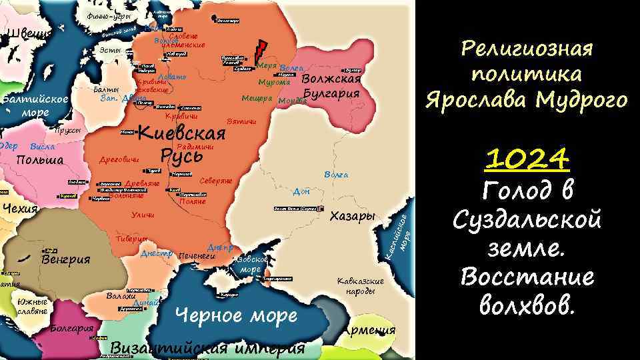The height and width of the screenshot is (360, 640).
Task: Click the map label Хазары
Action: [x=353, y=217]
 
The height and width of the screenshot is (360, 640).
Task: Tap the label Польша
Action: [x=40, y=160]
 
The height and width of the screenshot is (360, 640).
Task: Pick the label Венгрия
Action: [x=65, y=259]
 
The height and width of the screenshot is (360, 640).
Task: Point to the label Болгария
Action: [x=71, y=329]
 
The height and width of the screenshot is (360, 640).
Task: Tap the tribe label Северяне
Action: [x=216, y=181]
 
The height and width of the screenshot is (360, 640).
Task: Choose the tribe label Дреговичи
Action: [x=119, y=160]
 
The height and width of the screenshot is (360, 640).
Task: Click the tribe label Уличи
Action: [x=143, y=215]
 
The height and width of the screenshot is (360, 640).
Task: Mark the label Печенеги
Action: [x=198, y=255]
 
